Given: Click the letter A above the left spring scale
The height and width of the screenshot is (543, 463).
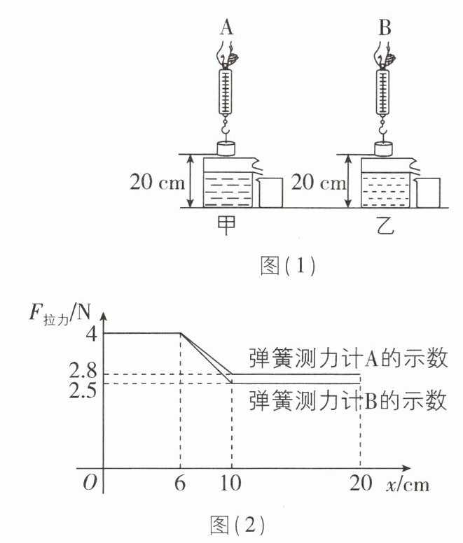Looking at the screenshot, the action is (x=226, y=27).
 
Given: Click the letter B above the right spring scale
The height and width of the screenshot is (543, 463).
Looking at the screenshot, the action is (x=385, y=27).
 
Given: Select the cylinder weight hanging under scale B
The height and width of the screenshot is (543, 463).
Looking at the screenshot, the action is (x=384, y=148).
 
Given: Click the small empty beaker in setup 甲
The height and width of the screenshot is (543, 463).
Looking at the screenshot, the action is (x=270, y=192).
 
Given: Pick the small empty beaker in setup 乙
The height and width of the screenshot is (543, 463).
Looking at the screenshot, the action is (x=428, y=192).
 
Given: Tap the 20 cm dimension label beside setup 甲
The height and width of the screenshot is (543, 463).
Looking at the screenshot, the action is (x=158, y=181).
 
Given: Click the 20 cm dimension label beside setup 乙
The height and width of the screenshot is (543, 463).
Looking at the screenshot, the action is (x=318, y=182).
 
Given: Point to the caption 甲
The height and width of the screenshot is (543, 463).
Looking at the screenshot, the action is (x=226, y=225).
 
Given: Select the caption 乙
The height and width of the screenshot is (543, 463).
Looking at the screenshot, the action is (x=385, y=225).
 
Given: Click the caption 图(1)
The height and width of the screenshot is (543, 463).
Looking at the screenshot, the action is (x=288, y=266).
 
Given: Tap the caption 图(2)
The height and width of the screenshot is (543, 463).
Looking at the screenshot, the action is (x=237, y=525).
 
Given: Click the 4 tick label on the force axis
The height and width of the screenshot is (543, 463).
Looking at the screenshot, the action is (x=92, y=334).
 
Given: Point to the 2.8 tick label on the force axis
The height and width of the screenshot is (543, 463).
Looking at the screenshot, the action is (x=83, y=371).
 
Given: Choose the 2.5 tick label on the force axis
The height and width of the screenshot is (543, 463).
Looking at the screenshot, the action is (x=83, y=390).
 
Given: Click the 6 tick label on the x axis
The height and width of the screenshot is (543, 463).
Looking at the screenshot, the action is (x=180, y=482).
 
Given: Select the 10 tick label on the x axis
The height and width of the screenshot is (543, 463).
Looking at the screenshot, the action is (x=230, y=482).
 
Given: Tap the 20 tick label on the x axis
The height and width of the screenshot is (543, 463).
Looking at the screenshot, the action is (x=361, y=482).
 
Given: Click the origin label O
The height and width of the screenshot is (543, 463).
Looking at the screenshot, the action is (x=90, y=482).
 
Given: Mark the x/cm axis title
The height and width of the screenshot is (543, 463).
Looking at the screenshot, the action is (x=408, y=484).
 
